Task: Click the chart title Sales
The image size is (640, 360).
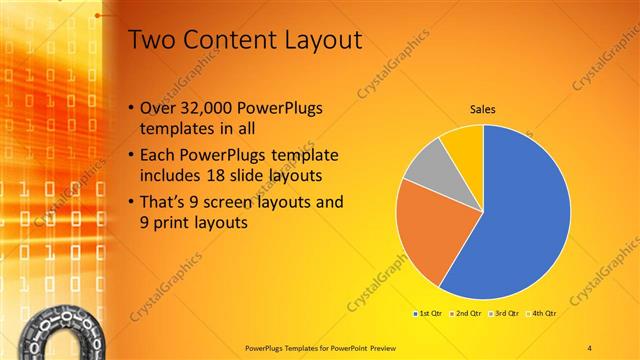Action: pos(483,110)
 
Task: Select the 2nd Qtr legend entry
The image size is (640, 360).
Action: pos(468,313)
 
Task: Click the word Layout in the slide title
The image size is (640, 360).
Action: pos(320,40)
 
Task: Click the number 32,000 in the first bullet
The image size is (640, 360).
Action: pos(209,105)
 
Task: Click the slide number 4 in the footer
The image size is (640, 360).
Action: pos(589,347)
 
